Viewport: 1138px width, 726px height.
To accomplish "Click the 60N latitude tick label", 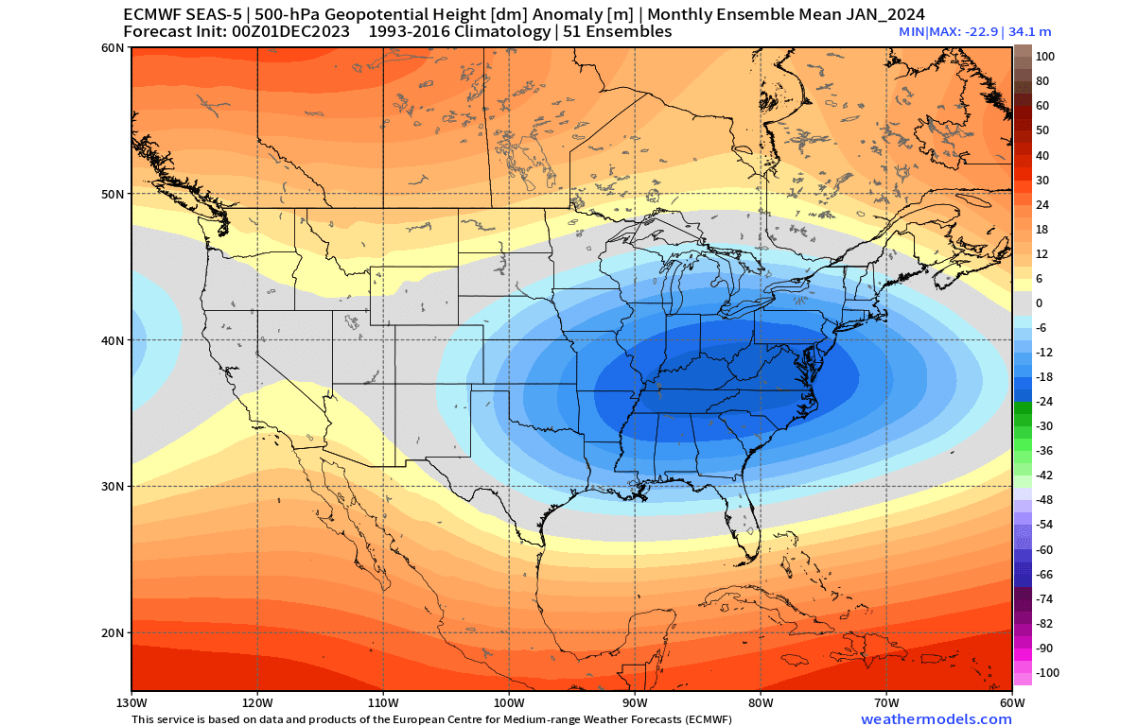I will pyautogui.click(x=113, y=47).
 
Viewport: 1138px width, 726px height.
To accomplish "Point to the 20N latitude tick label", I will pyautogui.click(x=113, y=632).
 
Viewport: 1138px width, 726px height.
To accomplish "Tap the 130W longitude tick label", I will pyautogui.click(x=131, y=703).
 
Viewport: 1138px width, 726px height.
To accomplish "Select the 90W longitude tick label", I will pyautogui.click(x=635, y=703).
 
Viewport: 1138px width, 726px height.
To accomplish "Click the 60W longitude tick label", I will pyautogui.click(x=1011, y=703).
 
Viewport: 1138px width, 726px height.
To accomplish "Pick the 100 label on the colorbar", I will pyautogui.click(x=1044, y=57).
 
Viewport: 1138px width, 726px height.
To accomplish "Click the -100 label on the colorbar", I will pyautogui.click(x=1047, y=673).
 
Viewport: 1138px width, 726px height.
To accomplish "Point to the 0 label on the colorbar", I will pyautogui.click(x=1039, y=303).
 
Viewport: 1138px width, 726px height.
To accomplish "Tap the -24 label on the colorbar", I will pyautogui.click(x=1043, y=402).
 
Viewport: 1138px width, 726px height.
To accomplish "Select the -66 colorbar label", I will pyautogui.click(x=1043, y=575).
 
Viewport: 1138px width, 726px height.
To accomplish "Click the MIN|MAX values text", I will pyautogui.click(x=974, y=32).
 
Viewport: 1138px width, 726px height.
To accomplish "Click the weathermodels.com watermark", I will pyautogui.click(x=922, y=719).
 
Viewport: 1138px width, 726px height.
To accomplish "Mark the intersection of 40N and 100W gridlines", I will pyautogui.click(x=509, y=340).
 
